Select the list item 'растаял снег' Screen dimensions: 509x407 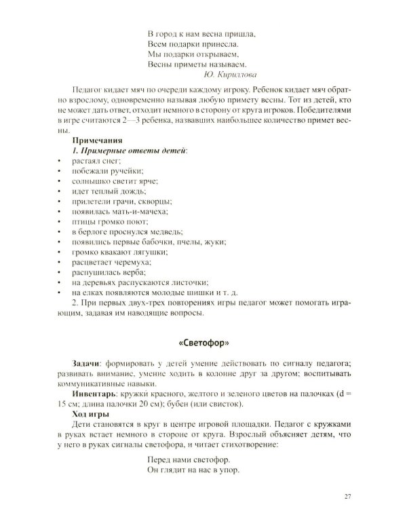point(96,159)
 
